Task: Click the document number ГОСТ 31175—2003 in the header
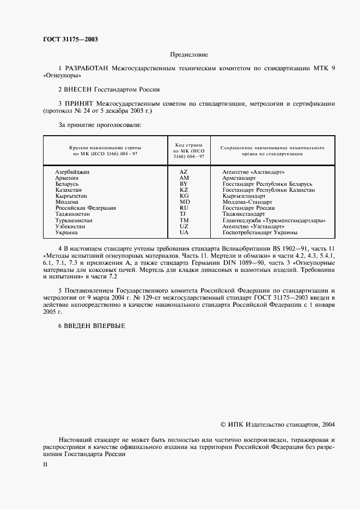[x=70, y=39]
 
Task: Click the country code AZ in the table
[x=184, y=172]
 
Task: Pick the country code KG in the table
[x=184, y=196]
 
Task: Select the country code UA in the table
[x=184, y=233]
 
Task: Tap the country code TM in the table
[x=184, y=220]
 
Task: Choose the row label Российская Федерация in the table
[x=85, y=208]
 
